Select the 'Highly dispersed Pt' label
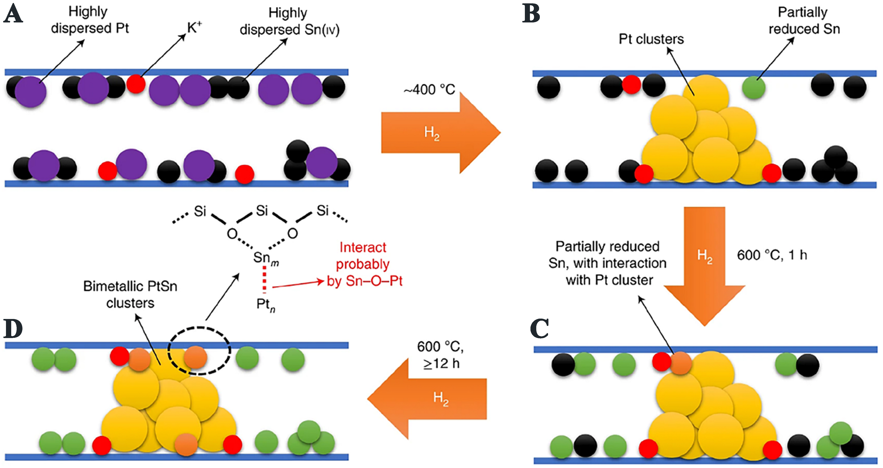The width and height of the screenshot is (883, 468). [90, 20]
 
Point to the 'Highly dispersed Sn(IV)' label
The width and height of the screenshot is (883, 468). [289, 21]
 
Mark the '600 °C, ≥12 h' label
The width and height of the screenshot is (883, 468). [440, 355]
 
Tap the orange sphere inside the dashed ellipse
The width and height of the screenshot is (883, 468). [195, 357]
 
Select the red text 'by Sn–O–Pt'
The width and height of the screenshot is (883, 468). [364, 281]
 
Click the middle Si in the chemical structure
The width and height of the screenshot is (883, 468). [262, 211]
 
